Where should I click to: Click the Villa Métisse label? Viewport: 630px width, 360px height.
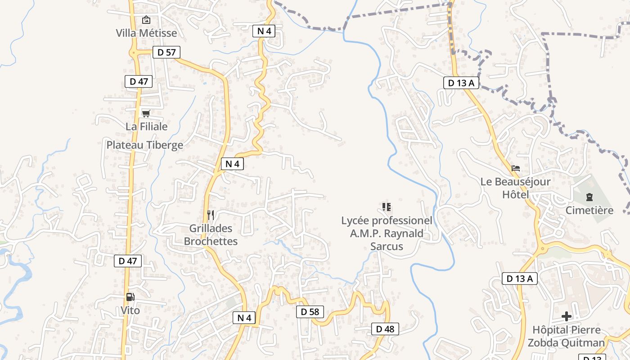point(146,33)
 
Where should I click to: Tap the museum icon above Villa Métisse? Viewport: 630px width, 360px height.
point(146,20)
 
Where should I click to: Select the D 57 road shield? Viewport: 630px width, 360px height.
point(166,52)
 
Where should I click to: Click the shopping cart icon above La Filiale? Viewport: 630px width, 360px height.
point(146,113)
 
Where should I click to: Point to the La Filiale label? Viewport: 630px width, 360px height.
point(146,126)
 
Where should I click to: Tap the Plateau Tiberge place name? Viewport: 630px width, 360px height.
point(145,145)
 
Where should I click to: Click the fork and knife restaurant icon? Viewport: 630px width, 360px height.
point(210,215)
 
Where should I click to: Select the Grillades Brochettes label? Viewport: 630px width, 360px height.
point(211,235)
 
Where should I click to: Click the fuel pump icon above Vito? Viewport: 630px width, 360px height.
point(130,297)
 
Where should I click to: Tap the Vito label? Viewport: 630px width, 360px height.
point(130,310)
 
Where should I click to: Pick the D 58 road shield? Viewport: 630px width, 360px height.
point(310,311)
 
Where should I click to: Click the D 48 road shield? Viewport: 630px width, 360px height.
point(385,329)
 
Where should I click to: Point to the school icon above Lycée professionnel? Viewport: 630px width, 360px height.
point(386,207)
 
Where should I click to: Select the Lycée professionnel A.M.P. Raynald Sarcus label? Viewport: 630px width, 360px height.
point(387,234)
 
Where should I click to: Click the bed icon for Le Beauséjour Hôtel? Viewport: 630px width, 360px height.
point(516,169)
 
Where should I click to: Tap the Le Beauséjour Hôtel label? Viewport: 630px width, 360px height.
point(516,189)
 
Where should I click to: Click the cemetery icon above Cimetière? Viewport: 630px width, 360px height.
point(589,197)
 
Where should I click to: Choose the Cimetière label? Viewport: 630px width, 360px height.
point(589,210)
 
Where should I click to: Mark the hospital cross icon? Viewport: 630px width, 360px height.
point(566,316)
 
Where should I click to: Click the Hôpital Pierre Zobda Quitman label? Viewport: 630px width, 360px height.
point(566,336)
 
